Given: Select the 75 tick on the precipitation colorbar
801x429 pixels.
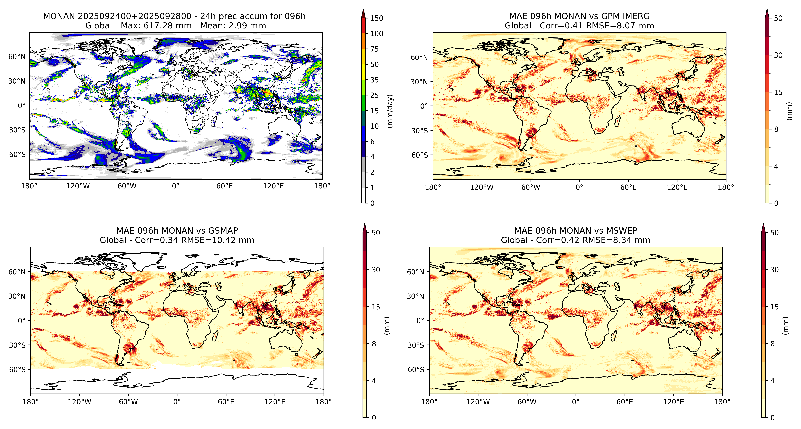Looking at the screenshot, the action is point(374,49).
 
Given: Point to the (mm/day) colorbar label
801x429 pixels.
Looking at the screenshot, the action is point(390,111).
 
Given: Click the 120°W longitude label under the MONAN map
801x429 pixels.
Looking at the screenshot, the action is point(78,186).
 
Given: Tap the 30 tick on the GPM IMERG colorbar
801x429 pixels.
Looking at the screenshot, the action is point(778,55).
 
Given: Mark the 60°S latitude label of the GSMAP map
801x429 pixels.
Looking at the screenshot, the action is point(17,370).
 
